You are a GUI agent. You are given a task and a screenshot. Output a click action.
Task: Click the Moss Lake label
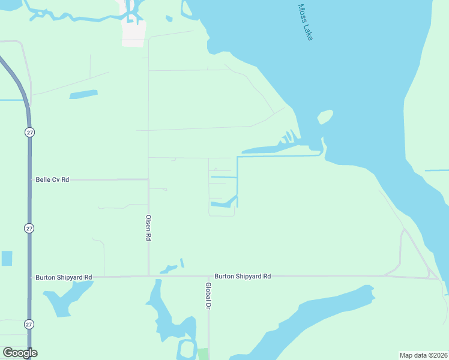point(306,23)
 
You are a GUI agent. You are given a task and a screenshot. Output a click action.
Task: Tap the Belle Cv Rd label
point(53,179)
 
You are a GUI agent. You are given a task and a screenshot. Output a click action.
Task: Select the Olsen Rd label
point(148,228)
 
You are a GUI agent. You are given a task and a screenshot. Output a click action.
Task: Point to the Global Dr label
point(208,296)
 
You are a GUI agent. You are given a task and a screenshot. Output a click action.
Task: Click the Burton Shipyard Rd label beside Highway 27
point(64,277)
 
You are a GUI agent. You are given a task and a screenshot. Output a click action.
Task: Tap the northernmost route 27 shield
point(29,131)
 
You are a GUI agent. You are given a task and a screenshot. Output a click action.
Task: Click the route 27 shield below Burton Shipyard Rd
point(29,324)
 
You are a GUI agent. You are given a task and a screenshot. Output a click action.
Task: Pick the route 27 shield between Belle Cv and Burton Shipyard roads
point(29,228)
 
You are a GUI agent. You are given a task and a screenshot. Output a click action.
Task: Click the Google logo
point(20,353)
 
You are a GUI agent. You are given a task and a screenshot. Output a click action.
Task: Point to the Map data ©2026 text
point(423,355)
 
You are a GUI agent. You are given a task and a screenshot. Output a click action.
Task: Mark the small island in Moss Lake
point(325,116)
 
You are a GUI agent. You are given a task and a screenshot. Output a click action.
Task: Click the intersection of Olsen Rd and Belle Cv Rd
point(148,179)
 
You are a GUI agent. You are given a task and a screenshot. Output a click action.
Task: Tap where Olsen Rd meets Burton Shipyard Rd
point(148,277)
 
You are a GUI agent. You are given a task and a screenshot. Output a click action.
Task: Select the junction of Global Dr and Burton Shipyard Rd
point(209,277)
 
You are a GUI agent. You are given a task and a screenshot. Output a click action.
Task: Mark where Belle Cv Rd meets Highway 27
point(29,179)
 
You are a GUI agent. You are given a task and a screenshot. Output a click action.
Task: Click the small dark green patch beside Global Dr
point(203,353)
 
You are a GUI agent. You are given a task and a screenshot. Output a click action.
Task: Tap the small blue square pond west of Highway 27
point(7,259)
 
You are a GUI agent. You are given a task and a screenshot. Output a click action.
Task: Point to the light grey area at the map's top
point(133,32)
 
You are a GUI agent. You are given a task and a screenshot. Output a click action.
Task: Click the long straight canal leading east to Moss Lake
point(279,156)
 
